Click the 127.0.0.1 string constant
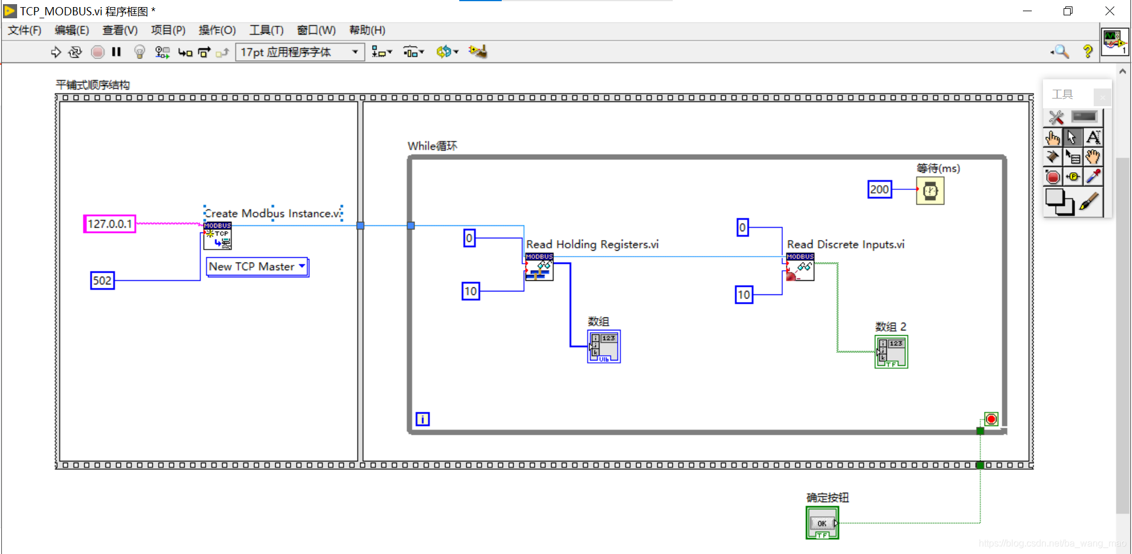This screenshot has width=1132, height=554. (x=110, y=224)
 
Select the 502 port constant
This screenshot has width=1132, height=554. (x=102, y=280)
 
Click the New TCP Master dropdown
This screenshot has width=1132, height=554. (x=257, y=267)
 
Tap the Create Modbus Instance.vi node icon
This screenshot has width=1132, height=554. (x=218, y=236)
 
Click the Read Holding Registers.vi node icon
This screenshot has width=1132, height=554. (x=539, y=267)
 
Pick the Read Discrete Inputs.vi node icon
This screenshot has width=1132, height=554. (x=800, y=267)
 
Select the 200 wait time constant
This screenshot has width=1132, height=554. (x=879, y=189)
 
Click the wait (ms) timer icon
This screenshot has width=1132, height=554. (x=930, y=191)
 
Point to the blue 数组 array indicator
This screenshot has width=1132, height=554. (x=604, y=346)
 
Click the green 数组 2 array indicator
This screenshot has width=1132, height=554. (x=891, y=352)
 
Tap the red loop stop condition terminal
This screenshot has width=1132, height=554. (x=991, y=419)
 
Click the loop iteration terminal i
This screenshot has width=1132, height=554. (x=423, y=419)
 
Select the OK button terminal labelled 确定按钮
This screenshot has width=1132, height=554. (x=822, y=523)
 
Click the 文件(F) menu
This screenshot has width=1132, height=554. (x=24, y=30)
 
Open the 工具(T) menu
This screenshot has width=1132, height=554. (x=266, y=30)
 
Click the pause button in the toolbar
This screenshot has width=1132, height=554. (x=116, y=52)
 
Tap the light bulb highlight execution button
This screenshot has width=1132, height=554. (x=139, y=52)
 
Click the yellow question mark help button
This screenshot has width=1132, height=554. (x=1088, y=52)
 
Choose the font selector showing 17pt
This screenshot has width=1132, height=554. (x=299, y=52)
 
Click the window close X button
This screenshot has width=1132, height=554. (x=1110, y=11)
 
